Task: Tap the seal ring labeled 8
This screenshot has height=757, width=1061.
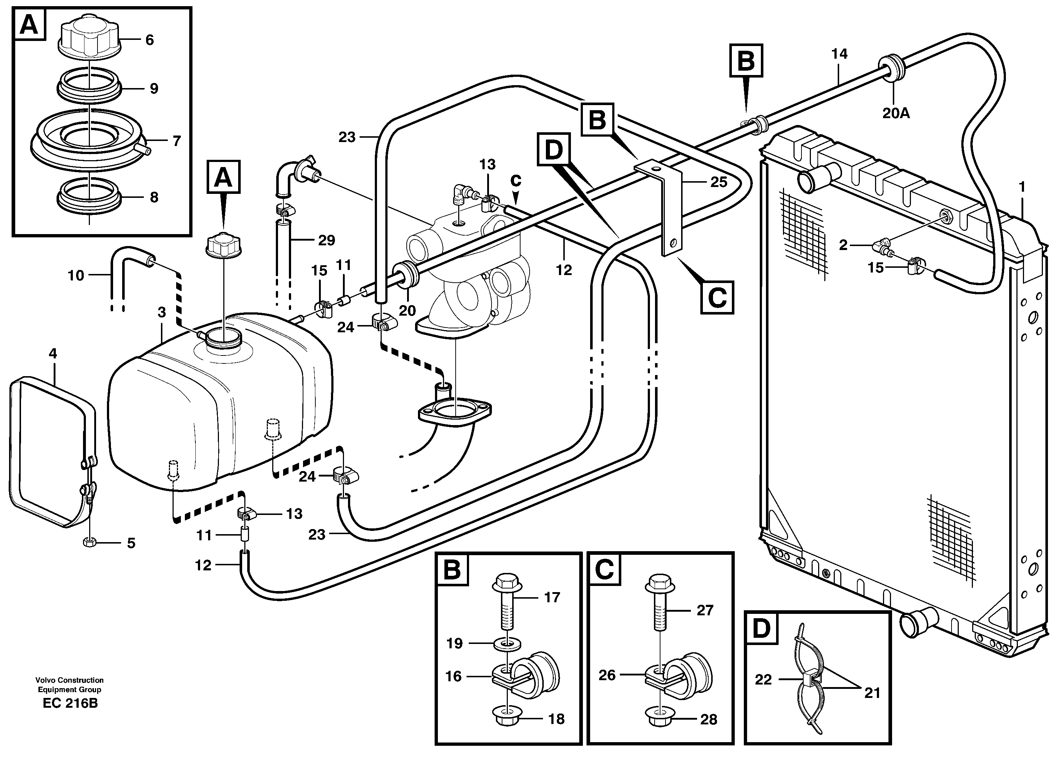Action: pos(88,197)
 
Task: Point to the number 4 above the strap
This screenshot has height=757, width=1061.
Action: pos(53,353)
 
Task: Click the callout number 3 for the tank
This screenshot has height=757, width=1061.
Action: pos(161,312)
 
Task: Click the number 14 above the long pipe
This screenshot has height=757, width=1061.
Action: pos(839,54)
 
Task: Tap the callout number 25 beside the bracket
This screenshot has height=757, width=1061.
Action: pos(718,182)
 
